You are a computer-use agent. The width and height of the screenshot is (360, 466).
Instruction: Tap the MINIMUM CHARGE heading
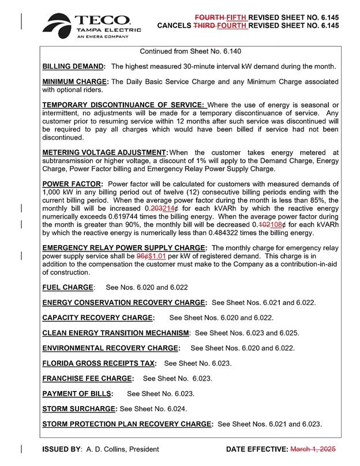[x=74, y=81]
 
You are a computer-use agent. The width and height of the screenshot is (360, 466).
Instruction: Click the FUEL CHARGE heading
[x=67, y=287]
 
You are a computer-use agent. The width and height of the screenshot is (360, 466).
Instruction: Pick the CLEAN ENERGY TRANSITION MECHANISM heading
[x=116, y=333]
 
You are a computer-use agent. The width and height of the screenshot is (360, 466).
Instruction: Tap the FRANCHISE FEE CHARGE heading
[x=88, y=379]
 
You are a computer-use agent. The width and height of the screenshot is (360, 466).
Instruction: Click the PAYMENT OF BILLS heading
[x=77, y=394]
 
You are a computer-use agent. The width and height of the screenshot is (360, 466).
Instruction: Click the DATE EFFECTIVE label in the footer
[x=257, y=448]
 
